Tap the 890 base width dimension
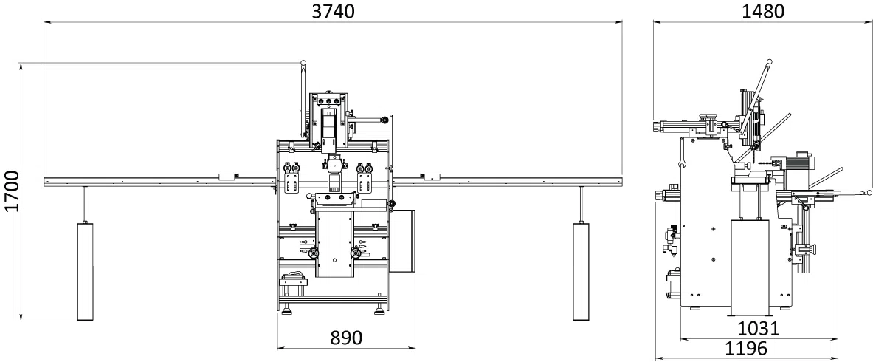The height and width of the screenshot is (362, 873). coord(345,338)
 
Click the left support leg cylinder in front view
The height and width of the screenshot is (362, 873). coord(86,272)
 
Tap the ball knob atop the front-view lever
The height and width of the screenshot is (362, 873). coord(303,64)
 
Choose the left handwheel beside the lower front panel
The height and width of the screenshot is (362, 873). coord(317,255)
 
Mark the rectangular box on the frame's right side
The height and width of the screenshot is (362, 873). coord(401,242)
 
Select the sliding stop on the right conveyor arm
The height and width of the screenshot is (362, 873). coord(429,177)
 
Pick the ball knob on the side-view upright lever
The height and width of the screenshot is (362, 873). coord(769,63)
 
